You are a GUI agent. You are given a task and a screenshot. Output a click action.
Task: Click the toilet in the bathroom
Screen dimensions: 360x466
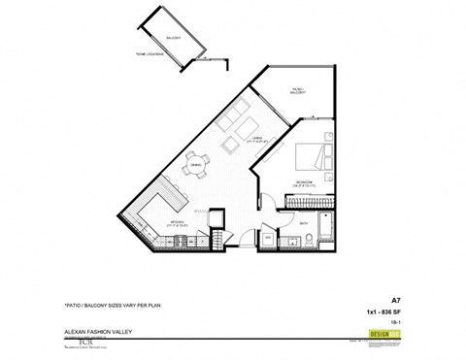(x=287, y=243)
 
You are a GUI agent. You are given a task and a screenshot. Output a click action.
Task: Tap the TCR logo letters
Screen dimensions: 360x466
(x=83, y=340)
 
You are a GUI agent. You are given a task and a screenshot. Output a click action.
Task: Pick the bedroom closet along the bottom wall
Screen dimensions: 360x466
(x=309, y=201)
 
